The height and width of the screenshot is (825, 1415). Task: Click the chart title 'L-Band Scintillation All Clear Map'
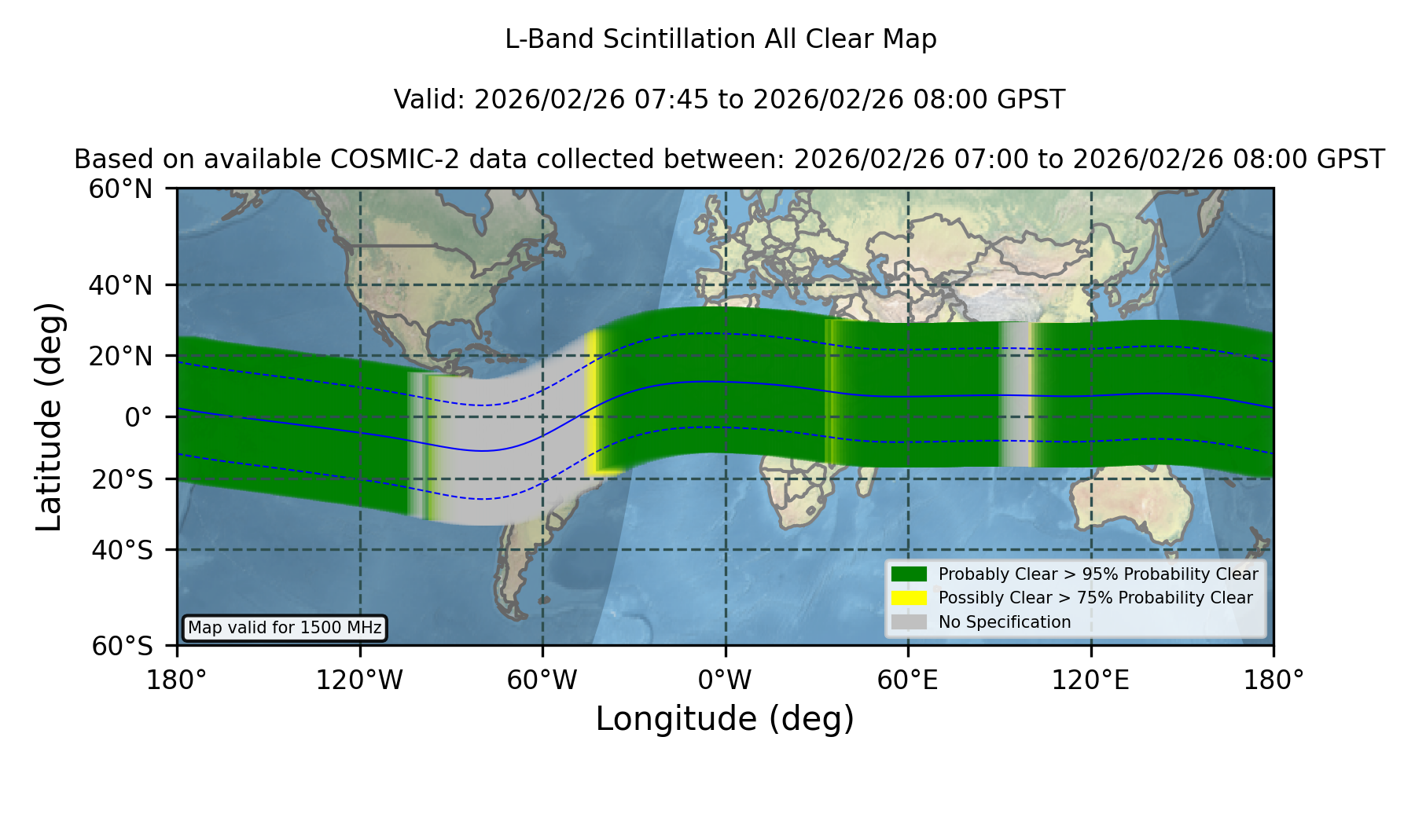[721, 39]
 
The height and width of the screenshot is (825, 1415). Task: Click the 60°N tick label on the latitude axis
[121, 189]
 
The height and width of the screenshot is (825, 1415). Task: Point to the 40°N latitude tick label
[121, 285]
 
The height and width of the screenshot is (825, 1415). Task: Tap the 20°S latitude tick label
[123, 479]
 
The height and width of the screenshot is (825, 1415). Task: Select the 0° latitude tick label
[139, 417]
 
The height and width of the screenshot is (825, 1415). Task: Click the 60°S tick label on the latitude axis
[123, 647]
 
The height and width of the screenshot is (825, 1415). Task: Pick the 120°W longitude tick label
[360, 680]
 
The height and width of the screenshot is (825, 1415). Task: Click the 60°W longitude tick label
[542, 680]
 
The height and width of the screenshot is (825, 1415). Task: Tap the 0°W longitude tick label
[726, 680]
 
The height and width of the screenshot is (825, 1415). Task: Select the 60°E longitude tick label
[908, 680]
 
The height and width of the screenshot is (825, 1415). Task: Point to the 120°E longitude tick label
[1091, 680]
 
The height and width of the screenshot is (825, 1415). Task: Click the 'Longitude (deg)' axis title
[725, 719]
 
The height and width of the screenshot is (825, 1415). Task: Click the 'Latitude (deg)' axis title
[49, 416]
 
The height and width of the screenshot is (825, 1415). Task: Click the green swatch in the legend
[910, 574]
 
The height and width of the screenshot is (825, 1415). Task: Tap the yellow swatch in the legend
[910, 598]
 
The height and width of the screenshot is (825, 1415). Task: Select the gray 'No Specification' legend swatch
[910, 622]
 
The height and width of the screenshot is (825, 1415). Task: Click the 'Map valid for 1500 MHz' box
[285, 628]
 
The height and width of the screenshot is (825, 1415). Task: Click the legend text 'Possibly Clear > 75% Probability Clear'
[1096, 598]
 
